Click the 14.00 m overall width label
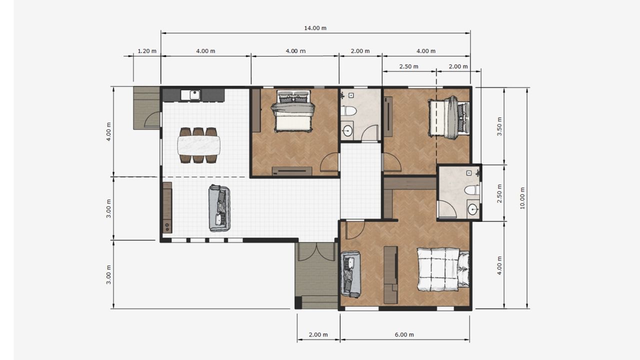click(315, 28)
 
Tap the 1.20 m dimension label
click(147, 51)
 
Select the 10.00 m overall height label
click(522, 198)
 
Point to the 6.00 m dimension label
click(404, 334)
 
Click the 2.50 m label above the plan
click(408, 66)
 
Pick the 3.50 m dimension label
click(499, 126)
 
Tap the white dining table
click(199, 145)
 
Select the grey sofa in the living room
click(219, 208)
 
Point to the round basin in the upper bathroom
click(347, 131)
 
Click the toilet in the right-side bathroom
click(472, 190)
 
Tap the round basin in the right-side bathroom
click(473, 209)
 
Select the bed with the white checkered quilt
click(443, 269)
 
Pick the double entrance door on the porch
click(316, 251)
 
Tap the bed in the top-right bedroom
click(448, 117)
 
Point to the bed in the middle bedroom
click(293, 111)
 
